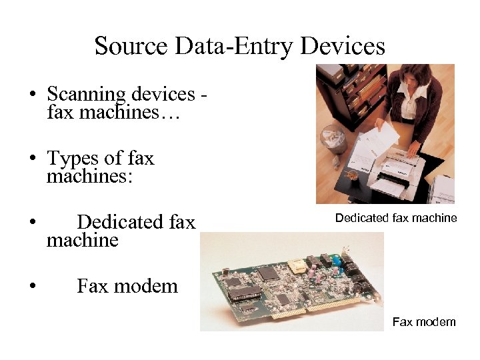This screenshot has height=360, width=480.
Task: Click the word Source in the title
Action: tap(130, 46)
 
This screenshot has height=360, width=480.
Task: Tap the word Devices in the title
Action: tap(343, 46)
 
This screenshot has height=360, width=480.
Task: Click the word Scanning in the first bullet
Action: tap(85, 95)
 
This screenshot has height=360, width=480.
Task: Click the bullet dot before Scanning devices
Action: tap(32, 94)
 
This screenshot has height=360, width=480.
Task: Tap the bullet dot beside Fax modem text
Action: tap(32, 287)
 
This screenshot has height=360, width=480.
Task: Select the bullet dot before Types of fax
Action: tap(32, 159)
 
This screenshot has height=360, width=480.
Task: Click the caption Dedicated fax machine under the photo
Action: tap(396, 218)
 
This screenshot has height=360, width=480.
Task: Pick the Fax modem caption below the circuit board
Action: tap(424, 323)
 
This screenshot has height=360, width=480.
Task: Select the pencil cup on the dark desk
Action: tap(350, 175)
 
